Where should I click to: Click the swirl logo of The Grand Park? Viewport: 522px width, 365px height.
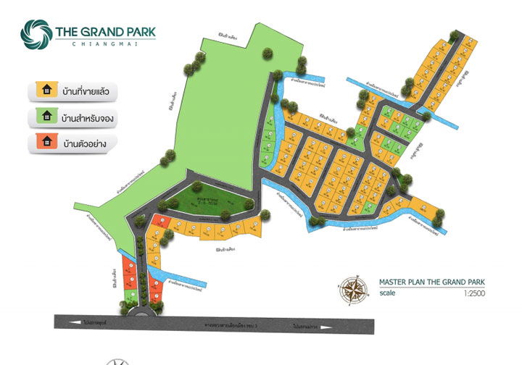click(36, 33)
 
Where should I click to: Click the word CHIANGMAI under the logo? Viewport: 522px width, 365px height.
click(104, 44)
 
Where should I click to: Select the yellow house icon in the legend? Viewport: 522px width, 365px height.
click(47, 91)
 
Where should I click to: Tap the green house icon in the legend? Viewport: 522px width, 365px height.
click(47, 117)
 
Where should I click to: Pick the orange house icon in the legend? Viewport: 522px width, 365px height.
click(47, 142)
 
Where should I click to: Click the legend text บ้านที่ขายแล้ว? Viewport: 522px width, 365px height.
click(89, 92)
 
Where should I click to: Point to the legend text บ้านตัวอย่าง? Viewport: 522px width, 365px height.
click(85, 143)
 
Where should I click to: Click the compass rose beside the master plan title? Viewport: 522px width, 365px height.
click(352, 290)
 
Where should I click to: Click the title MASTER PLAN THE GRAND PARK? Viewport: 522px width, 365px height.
click(431, 282)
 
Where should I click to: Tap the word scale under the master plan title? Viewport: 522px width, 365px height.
click(388, 294)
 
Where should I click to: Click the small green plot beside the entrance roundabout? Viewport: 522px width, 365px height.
click(129, 296)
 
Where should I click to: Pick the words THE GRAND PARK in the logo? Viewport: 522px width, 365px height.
click(105, 31)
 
